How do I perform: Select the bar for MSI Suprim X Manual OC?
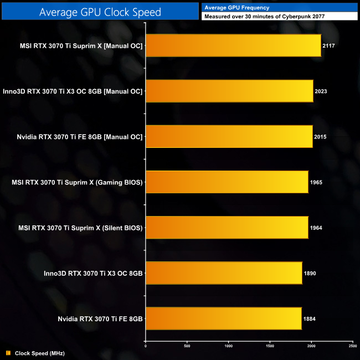[x=233, y=45]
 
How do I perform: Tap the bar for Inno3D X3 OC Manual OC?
[x=229, y=91]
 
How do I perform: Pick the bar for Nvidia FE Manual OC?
[x=228, y=136]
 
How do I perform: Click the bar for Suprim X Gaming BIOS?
[x=226, y=182]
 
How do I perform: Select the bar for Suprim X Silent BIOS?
[x=226, y=227]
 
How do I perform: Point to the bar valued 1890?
[x=223, y=273]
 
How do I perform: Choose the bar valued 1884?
[x=223, y=318]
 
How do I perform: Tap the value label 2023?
[x=321, y=91]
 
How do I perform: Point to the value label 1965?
[x=317, y=182]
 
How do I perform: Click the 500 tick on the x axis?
[x=187, y=346]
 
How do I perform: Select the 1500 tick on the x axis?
[x=270, y=346]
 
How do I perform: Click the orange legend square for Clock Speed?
[x=8, y=353]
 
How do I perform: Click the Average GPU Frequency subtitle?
[x=237, y=7]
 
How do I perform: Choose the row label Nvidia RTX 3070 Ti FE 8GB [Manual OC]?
[x=74, y=137]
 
